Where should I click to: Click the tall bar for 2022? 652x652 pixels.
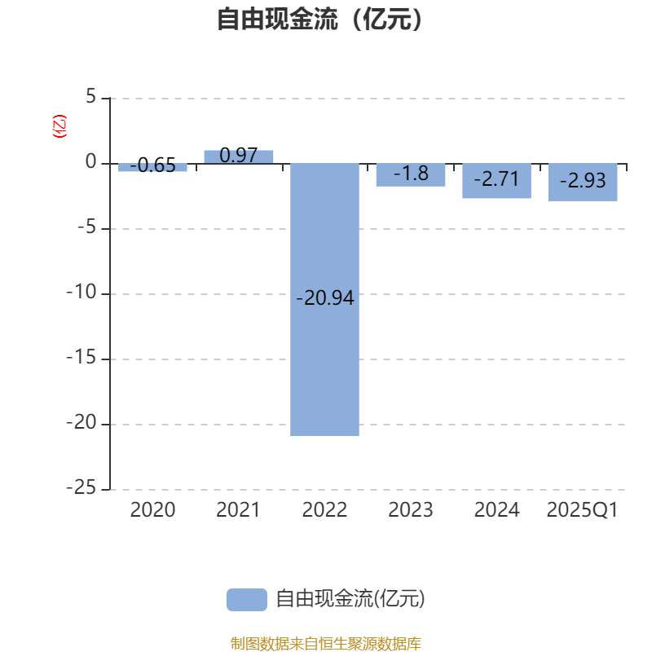324,299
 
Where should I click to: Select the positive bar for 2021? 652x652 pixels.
239,156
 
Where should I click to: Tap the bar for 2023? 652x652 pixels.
411,174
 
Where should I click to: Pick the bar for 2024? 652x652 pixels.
497,181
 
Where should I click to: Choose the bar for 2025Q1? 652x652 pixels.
583,182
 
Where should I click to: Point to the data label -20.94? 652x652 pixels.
324,298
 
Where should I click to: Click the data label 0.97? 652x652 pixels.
238,156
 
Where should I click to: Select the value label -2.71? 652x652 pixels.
496,179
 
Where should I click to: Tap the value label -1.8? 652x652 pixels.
411,174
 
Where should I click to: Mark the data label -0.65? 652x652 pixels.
152,165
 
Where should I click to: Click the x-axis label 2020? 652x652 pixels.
152,510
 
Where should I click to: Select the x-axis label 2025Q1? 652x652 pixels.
582,510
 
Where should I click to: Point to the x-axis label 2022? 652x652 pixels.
324,510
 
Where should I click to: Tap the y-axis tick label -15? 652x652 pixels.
81,358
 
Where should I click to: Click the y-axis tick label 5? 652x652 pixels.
91,96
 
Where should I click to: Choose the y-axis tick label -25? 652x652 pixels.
81,487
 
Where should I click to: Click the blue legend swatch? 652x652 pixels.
247,600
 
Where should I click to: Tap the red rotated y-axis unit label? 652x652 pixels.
59,126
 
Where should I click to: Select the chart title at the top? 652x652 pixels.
319,19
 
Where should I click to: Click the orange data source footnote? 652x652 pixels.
325,643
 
